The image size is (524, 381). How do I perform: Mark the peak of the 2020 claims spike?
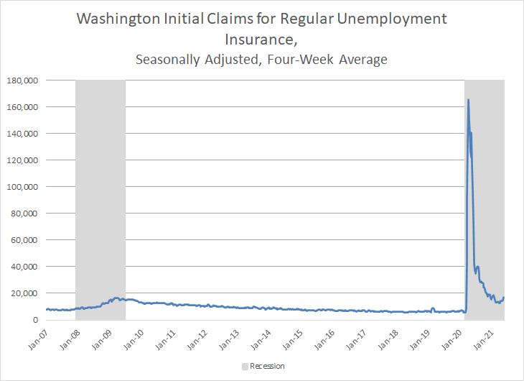(x=468, y=100)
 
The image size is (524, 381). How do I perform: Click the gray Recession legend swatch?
(x=245, y=367)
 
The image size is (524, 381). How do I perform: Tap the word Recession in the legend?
(x=268, y=367)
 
